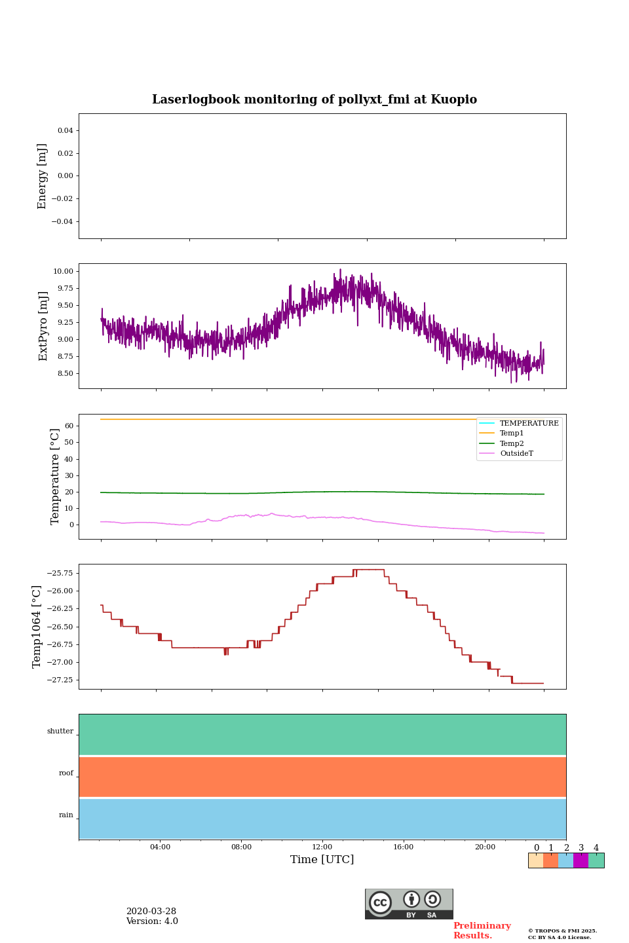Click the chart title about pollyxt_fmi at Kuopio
[314, 100]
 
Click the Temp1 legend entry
[512, 434]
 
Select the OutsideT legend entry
[516, 454]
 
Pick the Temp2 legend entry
[512, 444]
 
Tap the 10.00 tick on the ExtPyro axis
[63, 271]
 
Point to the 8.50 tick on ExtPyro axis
[64, 373]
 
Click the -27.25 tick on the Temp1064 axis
[60, 680]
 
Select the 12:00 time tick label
[322, 847]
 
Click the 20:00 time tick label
[485, 847]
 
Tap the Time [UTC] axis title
[322, 860]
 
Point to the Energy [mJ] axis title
[43, 176]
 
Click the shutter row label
[60, 731]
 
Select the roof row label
[66, 773]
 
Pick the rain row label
[66, 815]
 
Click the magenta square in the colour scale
[581, 860]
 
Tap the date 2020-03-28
[151, 912]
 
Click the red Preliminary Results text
[482, 931]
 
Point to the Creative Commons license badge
[409, 904]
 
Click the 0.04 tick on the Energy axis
[65, 131]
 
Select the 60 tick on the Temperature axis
[68, 426]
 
